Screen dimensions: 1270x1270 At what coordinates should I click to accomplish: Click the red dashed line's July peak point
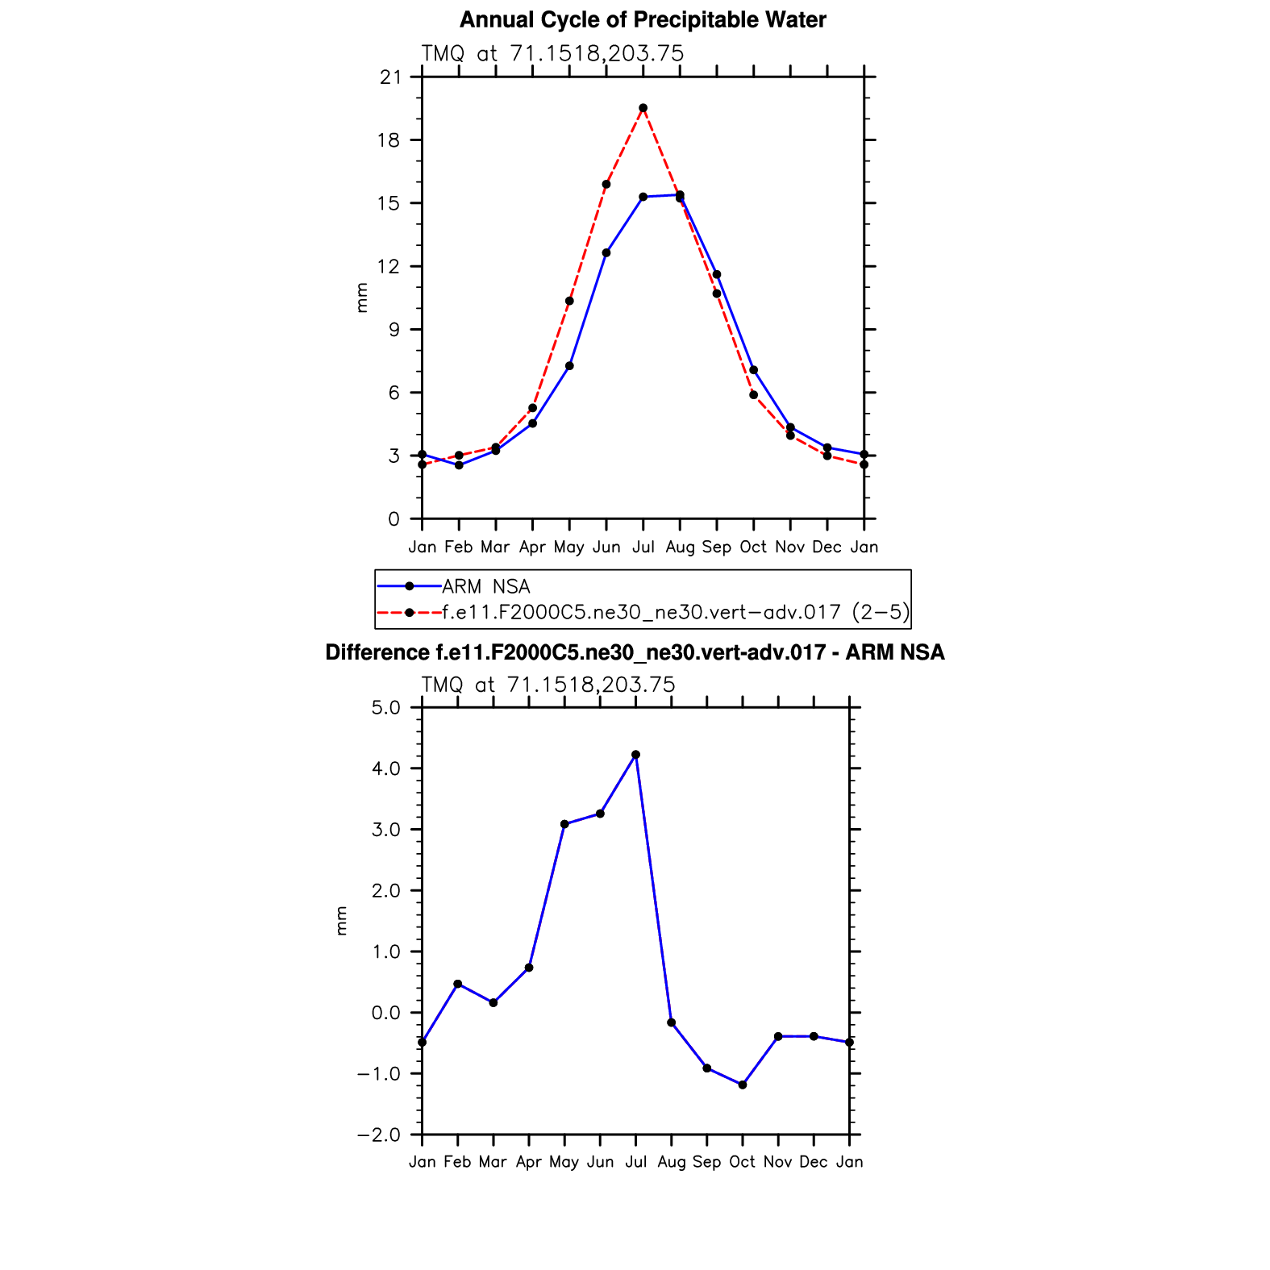pos(643,108)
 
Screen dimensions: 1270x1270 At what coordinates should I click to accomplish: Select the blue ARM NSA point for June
pos(606,253)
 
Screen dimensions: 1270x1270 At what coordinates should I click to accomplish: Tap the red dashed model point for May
pos(569,301)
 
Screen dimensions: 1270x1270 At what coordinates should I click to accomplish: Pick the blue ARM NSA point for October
pos(753,370)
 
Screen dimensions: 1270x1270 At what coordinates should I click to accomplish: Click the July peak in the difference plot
pos(635,755)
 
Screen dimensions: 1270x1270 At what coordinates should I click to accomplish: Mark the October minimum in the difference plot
pos(743,1085)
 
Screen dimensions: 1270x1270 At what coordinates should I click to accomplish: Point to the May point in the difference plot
pos(564,824)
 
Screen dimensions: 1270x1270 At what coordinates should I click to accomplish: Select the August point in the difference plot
pos(671,1022)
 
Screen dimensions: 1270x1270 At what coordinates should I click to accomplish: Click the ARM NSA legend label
pos(486,587)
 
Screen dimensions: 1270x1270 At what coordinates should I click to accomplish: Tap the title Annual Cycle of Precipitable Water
pos(643,20)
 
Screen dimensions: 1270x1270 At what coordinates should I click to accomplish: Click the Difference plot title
pos(635,652)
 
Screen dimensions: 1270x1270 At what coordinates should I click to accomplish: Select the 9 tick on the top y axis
pos(393,330)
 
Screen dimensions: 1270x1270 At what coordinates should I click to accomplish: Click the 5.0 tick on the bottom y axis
pos(385,708)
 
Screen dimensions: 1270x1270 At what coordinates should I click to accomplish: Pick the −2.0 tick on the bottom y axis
pos(379,1135)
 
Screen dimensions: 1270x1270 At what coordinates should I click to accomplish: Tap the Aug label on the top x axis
pos(680,548)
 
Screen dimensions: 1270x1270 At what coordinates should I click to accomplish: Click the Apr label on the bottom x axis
pos(529,1162)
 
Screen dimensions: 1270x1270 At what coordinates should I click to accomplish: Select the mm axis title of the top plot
pos(362,298)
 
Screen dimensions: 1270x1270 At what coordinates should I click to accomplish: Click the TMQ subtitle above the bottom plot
pos(548,685)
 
